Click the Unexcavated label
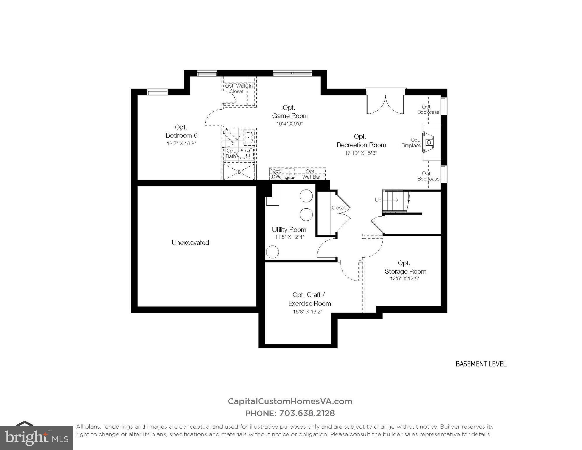[x=190, y=243]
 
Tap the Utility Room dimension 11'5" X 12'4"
[x=289, y=237]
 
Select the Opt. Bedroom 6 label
[x=181, y=132]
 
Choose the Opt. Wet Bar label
[x=311, y=174]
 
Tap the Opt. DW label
[x=276, y=174]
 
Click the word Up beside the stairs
[x=378, y=200]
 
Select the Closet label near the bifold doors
[x=338, y=208]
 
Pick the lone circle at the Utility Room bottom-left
[x=272, y=252]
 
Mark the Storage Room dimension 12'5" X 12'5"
[x=405, y=279]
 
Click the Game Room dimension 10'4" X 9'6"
[x=289, y=124]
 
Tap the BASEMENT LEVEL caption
[x=481, y=364]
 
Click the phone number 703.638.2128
[x=307, y=413]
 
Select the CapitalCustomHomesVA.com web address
[x=290, y=401]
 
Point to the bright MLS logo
[x=37, y=438]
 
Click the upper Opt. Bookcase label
[x=428, y=110]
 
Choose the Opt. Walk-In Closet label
[x=238, y=89]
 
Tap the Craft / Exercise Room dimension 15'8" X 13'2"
[x=308, y=312]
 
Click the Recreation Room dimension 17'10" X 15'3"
[x=361, y=153]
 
